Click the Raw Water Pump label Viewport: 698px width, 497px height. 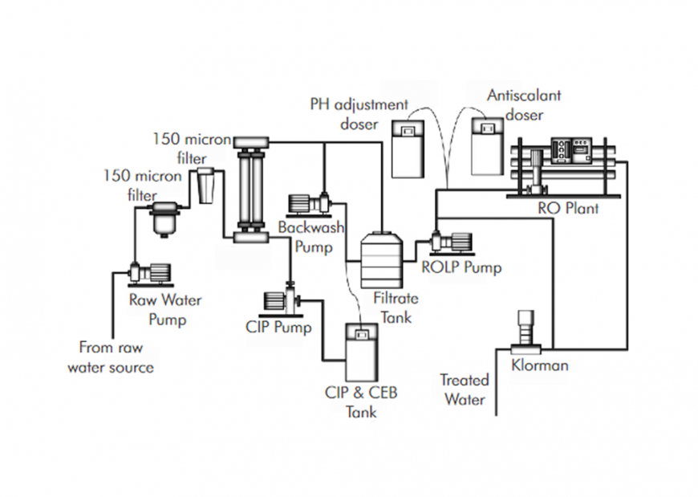[x=165, y=310]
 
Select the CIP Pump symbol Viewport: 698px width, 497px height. [x=281, y=303]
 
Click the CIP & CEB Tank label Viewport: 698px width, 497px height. [x=360, y=401]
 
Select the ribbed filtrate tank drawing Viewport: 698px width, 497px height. [x=381, y=260]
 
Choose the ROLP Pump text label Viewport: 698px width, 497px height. [x=461, y=267]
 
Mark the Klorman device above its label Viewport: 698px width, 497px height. [x=526, y=330]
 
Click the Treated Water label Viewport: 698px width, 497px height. [x=464, y=388]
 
